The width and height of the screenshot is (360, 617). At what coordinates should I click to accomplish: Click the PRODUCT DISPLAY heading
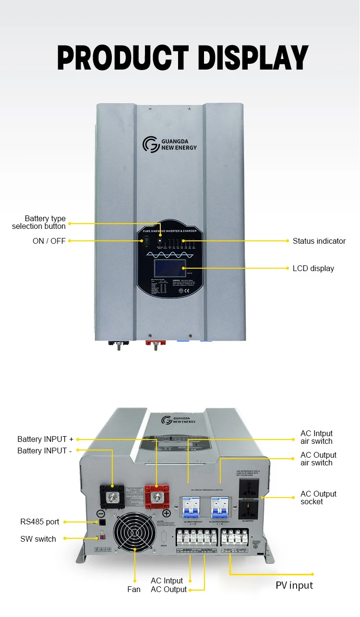(183, 57)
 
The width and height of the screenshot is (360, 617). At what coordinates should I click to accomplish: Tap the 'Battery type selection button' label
(39, 222)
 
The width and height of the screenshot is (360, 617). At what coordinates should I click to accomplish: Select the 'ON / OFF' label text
(49, 241)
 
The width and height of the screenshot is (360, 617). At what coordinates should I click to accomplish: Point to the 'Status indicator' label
(319, 241)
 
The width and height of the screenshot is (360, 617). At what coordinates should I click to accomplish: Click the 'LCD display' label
(313, 268)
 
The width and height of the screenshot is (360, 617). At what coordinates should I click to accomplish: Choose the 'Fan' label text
(134, 589)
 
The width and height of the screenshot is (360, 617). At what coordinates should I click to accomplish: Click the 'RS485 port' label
(40, 522)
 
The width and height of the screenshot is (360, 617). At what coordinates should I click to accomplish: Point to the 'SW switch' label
(38, 539)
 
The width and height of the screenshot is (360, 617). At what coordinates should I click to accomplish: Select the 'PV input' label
(294, 585)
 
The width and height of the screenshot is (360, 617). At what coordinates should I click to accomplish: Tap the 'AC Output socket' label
(318, 498)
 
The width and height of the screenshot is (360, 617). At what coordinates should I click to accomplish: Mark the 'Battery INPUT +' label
(46, 439)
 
